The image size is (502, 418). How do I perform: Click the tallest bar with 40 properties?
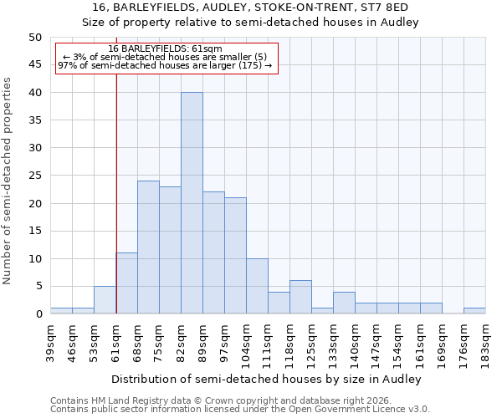point(192,203)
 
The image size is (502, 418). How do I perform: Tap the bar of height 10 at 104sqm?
point(257,286)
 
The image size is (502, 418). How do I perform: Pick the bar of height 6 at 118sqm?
point(300,297)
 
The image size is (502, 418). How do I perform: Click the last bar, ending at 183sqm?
point(474,311)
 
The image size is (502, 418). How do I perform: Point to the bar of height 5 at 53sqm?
point(105,300)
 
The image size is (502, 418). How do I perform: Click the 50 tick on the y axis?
point(34,38)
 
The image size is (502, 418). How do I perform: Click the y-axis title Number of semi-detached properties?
point(8,181)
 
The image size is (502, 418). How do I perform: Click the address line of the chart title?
point(250,8)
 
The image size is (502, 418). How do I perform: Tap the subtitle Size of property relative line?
point(250,22)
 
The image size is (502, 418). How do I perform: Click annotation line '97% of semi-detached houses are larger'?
point(165,65)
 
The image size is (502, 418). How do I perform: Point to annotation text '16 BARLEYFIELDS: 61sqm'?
point(165,49)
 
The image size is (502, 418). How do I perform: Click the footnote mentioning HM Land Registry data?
point(217,400)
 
